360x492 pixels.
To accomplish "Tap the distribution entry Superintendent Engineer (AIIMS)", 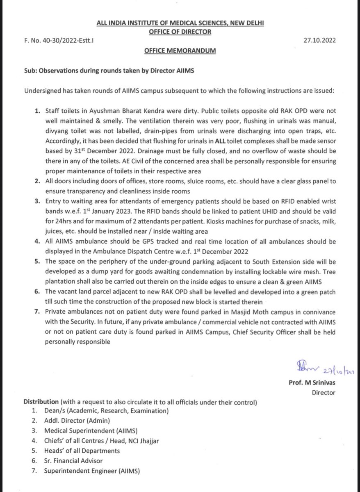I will pos(91,471).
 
